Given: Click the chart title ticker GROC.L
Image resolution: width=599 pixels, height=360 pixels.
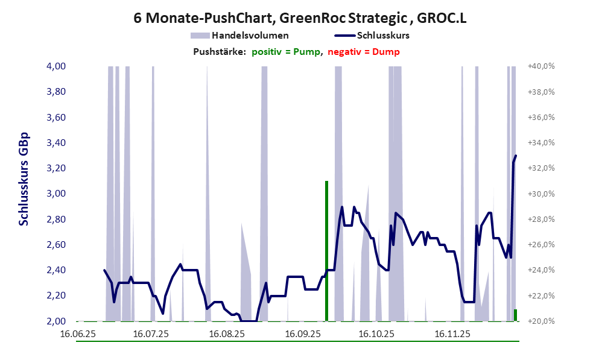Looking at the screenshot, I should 442,19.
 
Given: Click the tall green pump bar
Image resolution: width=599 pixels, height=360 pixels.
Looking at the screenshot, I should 326,250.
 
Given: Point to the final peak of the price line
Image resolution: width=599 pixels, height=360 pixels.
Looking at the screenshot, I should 516,156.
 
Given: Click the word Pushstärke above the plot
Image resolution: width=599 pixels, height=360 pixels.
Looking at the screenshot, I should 219,52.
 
